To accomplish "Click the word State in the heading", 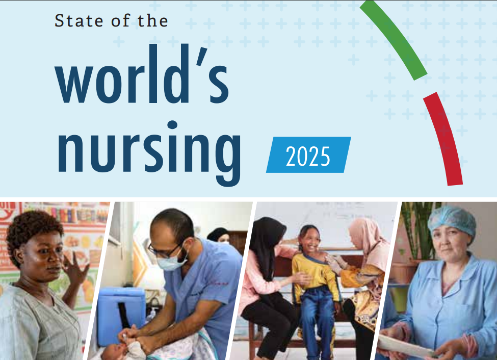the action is click(x=79, y=20).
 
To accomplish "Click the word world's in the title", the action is click(x=142, y=74).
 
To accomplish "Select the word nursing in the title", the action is click(x=149, y=153).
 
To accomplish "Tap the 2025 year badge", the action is click(x=308, y=155).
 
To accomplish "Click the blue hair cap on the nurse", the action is click(x=452, y=219).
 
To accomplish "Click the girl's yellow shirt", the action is click(x=314, y=273).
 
